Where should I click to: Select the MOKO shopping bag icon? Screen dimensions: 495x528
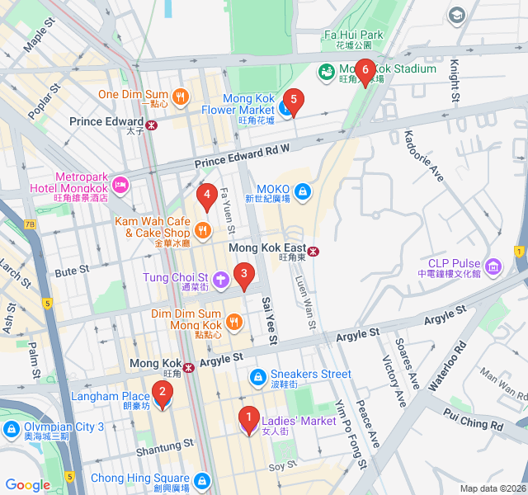pyautogui.click(x=303, y=192)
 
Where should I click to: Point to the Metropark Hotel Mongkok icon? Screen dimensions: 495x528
pyautogui.click(x=121, y=183)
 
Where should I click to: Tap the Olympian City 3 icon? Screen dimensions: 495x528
pyautogui.click(x=11, y=427)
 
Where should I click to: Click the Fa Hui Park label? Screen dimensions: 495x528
pyautogui.click(x=353, y=35)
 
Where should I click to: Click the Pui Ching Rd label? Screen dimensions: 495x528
pyautogui.click(x=473, y=418)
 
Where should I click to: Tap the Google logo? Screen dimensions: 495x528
pyautogui.click(x=27, y=485)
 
